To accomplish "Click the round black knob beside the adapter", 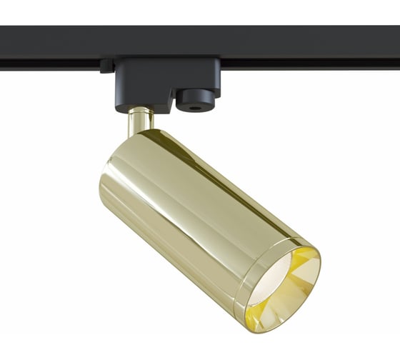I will [195, 99].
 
